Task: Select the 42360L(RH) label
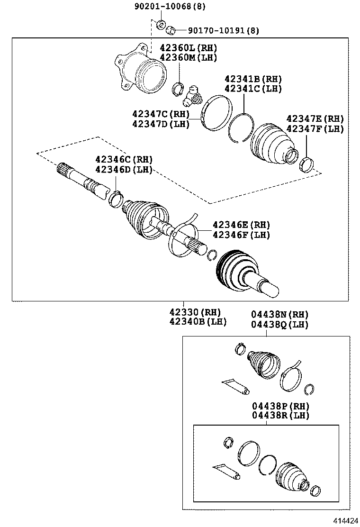click(188, 48)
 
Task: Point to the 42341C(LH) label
click(253, 89)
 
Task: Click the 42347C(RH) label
click(161, 114)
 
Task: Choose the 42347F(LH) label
click(315, 128)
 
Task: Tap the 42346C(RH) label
click(124, 159)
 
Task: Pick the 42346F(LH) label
click(241, 235)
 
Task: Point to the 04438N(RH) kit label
click(279, 314)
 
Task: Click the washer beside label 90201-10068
click(161, 24)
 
